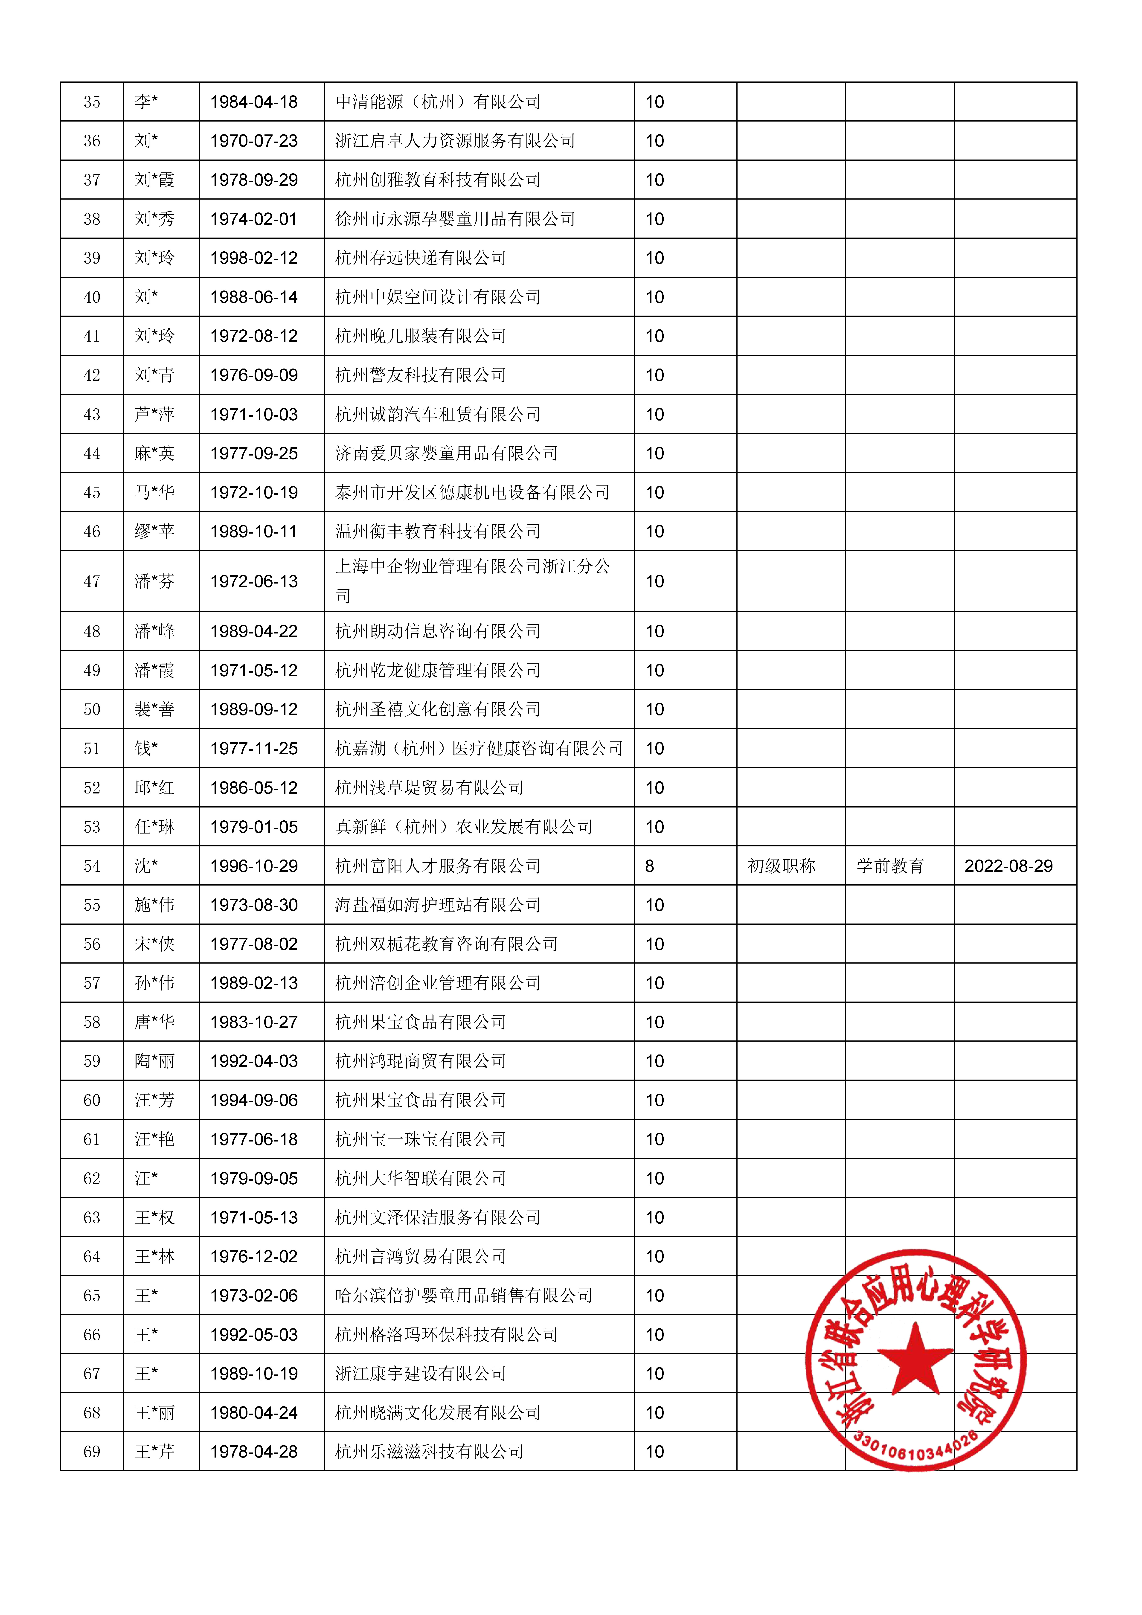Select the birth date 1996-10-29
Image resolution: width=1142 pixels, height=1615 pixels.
pos(254,866)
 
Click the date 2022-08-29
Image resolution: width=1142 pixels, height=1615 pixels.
pos(1008,866)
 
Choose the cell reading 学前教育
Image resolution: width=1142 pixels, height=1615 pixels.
pos(890,866)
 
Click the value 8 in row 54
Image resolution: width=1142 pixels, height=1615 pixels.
pos(649,866)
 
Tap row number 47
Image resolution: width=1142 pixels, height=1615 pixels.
pos(92,581)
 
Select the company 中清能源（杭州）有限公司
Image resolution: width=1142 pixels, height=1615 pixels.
pos(438,102)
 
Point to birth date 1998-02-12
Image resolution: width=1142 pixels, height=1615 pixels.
pos(254,258)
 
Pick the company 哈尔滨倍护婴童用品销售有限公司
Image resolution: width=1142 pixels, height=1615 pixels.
pos(464,1296)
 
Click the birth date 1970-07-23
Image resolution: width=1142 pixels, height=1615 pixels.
pos(254,141)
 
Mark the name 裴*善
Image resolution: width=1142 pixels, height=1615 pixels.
pos(154,709)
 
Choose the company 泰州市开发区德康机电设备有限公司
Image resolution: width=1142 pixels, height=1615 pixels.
pos(472,492)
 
